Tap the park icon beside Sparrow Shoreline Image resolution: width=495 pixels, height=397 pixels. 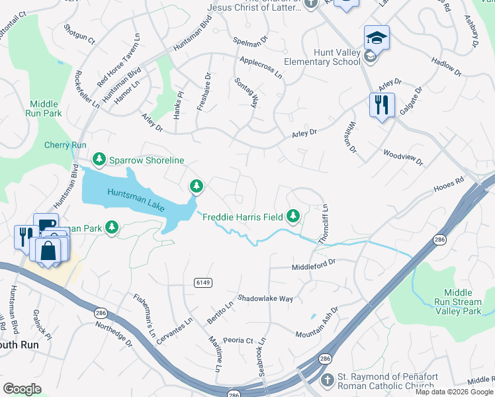pos(99,159)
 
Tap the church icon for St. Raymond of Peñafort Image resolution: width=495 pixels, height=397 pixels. pos(326,380)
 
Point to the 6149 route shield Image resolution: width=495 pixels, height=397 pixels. pos(203,283)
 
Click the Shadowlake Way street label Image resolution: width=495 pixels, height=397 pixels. pos(265,299)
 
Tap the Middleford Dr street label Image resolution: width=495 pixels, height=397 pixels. pos(314,263)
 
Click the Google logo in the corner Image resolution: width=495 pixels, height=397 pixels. pos(22,389)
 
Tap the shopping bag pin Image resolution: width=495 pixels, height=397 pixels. pos(48,250)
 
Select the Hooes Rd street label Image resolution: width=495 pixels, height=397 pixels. pos(449,189)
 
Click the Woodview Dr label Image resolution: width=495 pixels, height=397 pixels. pos(402,157)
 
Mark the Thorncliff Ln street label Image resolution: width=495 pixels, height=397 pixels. pos(324,225)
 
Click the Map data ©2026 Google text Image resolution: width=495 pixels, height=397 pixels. pos(454,392)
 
